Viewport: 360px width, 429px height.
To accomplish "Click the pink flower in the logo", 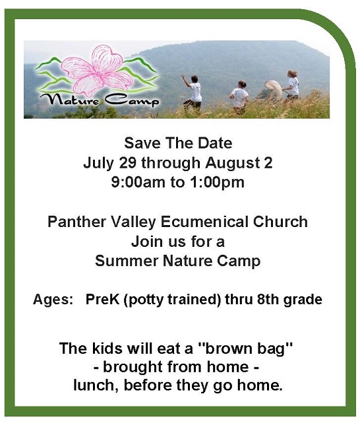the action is click(x=98, y=71).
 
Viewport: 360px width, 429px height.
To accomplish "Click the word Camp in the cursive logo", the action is click(x=132, y=101).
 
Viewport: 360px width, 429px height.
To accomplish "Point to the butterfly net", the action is click(x=273, y=87).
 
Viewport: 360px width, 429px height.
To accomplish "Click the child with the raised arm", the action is click(x=194, y=92).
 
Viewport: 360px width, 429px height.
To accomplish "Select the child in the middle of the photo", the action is click(x=240, y=95).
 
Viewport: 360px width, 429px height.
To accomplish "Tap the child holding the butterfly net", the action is click(x=291, y=84).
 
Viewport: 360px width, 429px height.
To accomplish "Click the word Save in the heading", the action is click(x=141, y=143).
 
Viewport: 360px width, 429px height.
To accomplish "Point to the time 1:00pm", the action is click(x=216, y=183).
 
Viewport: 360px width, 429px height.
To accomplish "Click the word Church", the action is click(x=280, y=222).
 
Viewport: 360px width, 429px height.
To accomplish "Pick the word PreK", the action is click(x=103, y=300).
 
